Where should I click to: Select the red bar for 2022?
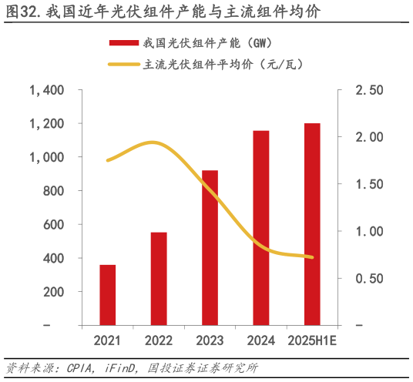coord(159,278)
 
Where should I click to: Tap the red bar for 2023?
coord(210,247)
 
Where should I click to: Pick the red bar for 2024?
coord(261,228)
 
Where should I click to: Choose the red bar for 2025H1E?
coord(312,224)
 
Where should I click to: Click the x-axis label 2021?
coord(108,340)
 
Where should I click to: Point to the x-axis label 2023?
coord(210,340)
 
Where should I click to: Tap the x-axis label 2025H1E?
coord(311,340)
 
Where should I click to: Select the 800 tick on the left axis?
coord(52,191)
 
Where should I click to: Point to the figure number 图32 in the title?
coord(21,13)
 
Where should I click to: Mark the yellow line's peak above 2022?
coord(153,142)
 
